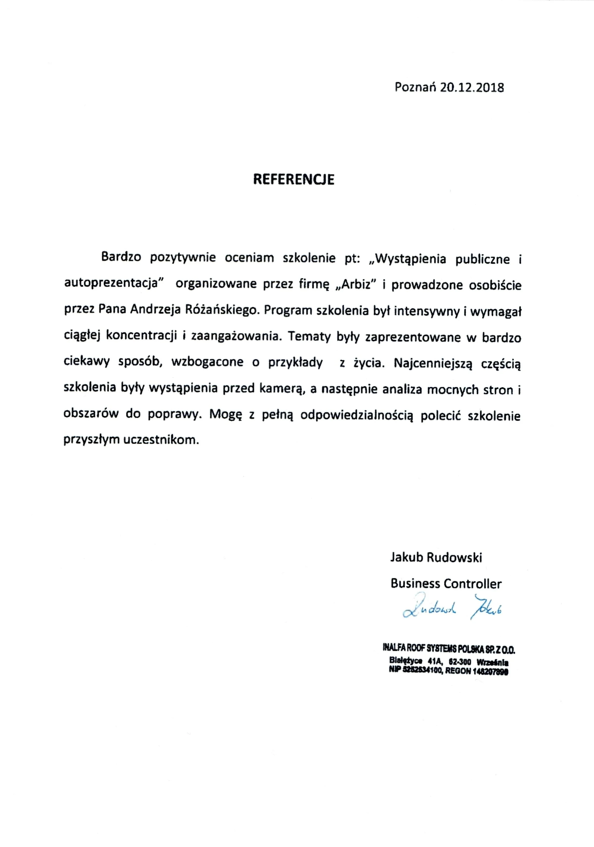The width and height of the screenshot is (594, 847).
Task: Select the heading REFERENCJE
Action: (294, 179)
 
